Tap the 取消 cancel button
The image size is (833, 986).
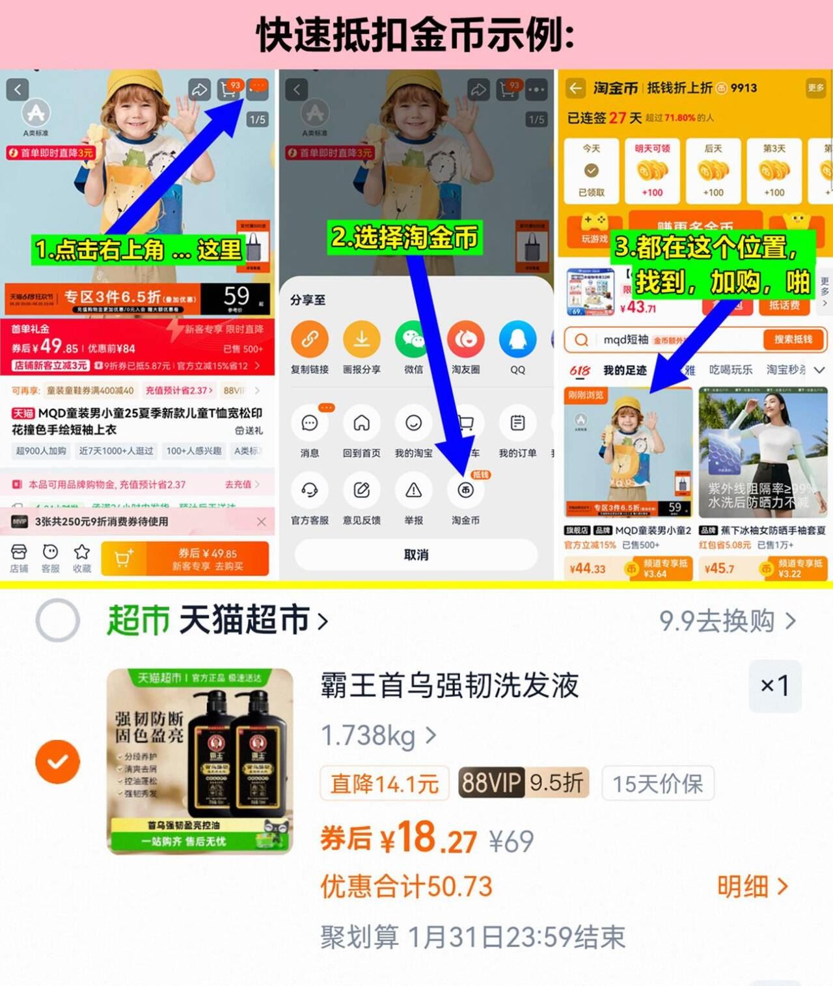point(416,555)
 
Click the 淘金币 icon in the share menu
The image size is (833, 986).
point(465,491)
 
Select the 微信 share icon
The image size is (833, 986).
point(413,339)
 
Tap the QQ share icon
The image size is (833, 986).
point(517,339)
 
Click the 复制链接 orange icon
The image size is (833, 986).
point(309,339)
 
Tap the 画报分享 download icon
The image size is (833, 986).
point(361,339)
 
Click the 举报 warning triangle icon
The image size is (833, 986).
point(413,491)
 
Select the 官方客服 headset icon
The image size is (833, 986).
point(309,491)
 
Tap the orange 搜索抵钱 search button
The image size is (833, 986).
point(792,339)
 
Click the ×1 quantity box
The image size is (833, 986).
point(774,685)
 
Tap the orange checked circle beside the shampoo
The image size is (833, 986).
point(58,761)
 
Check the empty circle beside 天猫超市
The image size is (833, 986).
point(58,620)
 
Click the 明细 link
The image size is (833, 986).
point(752,886)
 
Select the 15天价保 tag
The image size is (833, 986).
point(657,784)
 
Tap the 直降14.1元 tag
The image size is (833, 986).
point(385,784)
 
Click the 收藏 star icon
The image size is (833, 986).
point(82,557)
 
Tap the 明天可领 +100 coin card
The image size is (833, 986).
point(652,171)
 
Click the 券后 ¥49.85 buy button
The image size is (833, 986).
point(207,558)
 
